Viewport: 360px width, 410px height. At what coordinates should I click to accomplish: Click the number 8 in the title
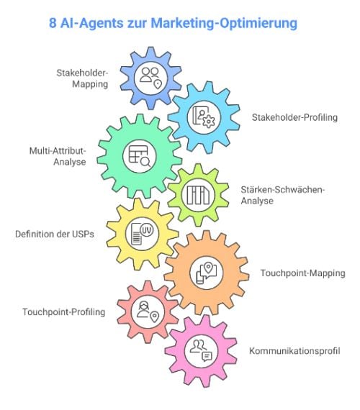pyautogui.click(x=53, y=23)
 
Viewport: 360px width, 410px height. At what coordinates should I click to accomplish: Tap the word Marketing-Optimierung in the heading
pyautogui.click(x=224, y=24)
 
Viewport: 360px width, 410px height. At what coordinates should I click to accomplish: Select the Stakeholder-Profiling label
pyautogui.click(x=294, y=117)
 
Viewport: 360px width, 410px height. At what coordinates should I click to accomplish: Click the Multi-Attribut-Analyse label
pyautogui.click(x=58, y=156)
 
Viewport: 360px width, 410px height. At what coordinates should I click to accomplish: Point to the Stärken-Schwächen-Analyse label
pyautogui.click(x=283, y=195)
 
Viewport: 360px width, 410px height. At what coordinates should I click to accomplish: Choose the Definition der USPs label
pyautogui.click(x=55, y=234)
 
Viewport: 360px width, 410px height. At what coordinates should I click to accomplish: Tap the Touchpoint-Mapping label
pyautogui.click(x=302, y=273)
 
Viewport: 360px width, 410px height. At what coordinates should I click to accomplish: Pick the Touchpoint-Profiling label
pyautogui.click(x=63, y=312)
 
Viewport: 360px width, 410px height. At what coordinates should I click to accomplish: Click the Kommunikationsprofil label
pyautogui.click(x=294, y=351)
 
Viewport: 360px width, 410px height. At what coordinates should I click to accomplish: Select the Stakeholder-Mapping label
pyautogui.click(x=82, y=78)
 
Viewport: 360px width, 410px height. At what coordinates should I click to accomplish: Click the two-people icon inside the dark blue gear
pyautogui.click(x=149, y=75)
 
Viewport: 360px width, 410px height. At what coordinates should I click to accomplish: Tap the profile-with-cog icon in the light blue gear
pyautogui.click(x=204, y=117)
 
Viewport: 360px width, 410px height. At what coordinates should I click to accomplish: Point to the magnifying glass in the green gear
pyautogui.click(x=145, y=163)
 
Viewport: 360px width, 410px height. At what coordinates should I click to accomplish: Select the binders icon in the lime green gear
pyautogui.click(x=198, y=195)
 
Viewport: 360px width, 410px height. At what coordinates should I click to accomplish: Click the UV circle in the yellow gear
pyautogui.click(x=147, y=230)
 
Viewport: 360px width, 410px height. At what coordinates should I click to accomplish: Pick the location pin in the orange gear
pyautogui.click(x=208, y=268)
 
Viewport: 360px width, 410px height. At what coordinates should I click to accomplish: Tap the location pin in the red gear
pyautogui.click(x=155, y=317)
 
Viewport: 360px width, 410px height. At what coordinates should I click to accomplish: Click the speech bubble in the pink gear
pyautogui.click(x=207, y=356)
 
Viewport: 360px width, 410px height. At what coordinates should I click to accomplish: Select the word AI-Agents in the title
pyautogui.click(x=91, y=23)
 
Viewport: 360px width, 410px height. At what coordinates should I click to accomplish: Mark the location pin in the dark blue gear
pyautogui.click(x=158, y=84)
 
